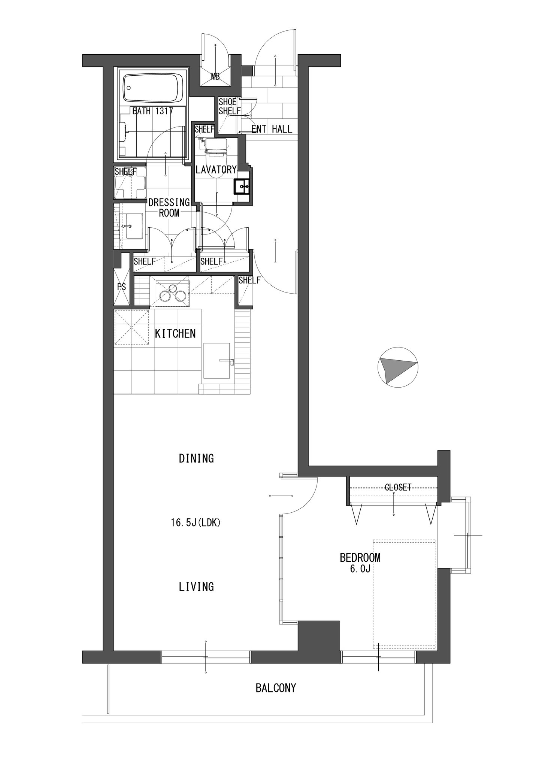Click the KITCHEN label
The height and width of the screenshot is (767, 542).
(175, 334)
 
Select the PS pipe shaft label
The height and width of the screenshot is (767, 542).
(121, 287)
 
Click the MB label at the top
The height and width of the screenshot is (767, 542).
(215, 77)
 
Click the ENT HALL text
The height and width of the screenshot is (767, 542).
(272, 129)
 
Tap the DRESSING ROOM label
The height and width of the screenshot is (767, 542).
(169, 207)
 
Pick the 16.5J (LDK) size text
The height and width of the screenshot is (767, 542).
(196, 523)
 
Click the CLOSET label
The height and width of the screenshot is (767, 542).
(398, 487)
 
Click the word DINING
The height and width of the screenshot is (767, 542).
(196, 458)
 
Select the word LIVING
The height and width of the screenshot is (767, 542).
(196, 586)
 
